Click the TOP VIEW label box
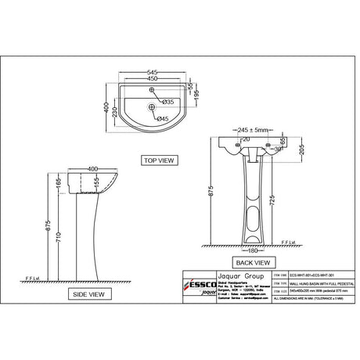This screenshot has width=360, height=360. pos(159,160)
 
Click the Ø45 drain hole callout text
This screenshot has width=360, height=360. pos(163,118)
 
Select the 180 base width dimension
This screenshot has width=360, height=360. pos(252,251)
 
